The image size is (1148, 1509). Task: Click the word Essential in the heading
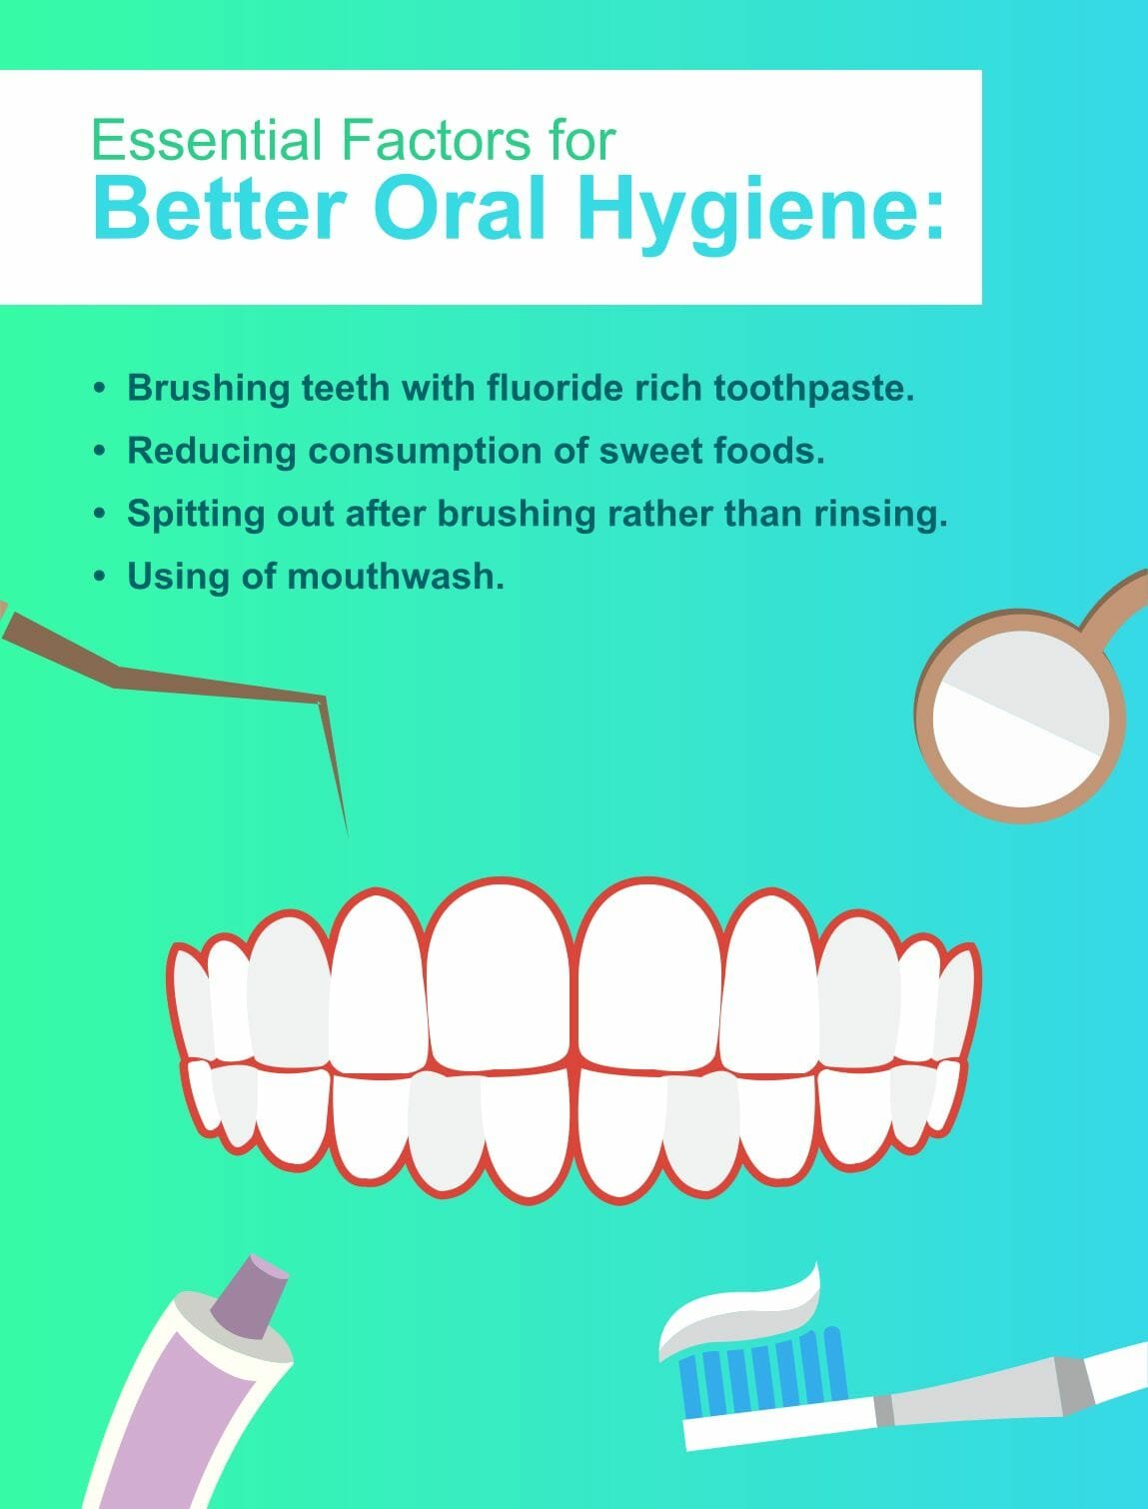point(206,140)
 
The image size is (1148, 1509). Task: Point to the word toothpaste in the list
point(814,389)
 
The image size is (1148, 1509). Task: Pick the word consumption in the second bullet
point(448,453)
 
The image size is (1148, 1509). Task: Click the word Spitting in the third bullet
point(196,515)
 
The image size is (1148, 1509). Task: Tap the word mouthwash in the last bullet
point(395,576)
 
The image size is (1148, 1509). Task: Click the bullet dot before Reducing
point(100,452)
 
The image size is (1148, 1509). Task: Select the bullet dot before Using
point(100,576)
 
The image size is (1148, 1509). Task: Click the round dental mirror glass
point(1021,720)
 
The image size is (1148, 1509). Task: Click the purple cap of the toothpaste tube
point(250,1296)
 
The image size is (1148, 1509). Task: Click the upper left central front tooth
point(500,976)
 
